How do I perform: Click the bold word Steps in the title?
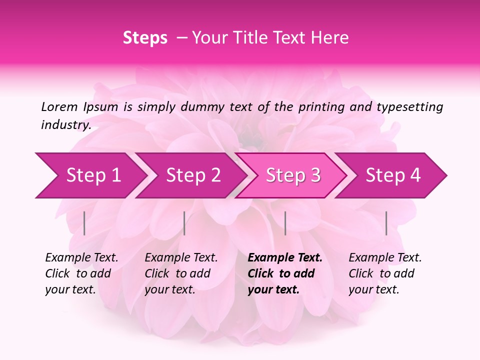[x=145, y=38]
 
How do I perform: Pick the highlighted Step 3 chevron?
[x=293, y=175]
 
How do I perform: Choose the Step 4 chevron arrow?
[x=393, y=175]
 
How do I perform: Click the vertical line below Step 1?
[x=84, y=223]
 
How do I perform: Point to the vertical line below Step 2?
[x=184, y=223]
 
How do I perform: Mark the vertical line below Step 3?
[x=285, y=223]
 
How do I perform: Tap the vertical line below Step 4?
[x=386, y=223]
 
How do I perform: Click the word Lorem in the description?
[x=59, y=106]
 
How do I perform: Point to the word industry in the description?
[x=66, y=125]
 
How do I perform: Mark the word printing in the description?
[x=320, y=107]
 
